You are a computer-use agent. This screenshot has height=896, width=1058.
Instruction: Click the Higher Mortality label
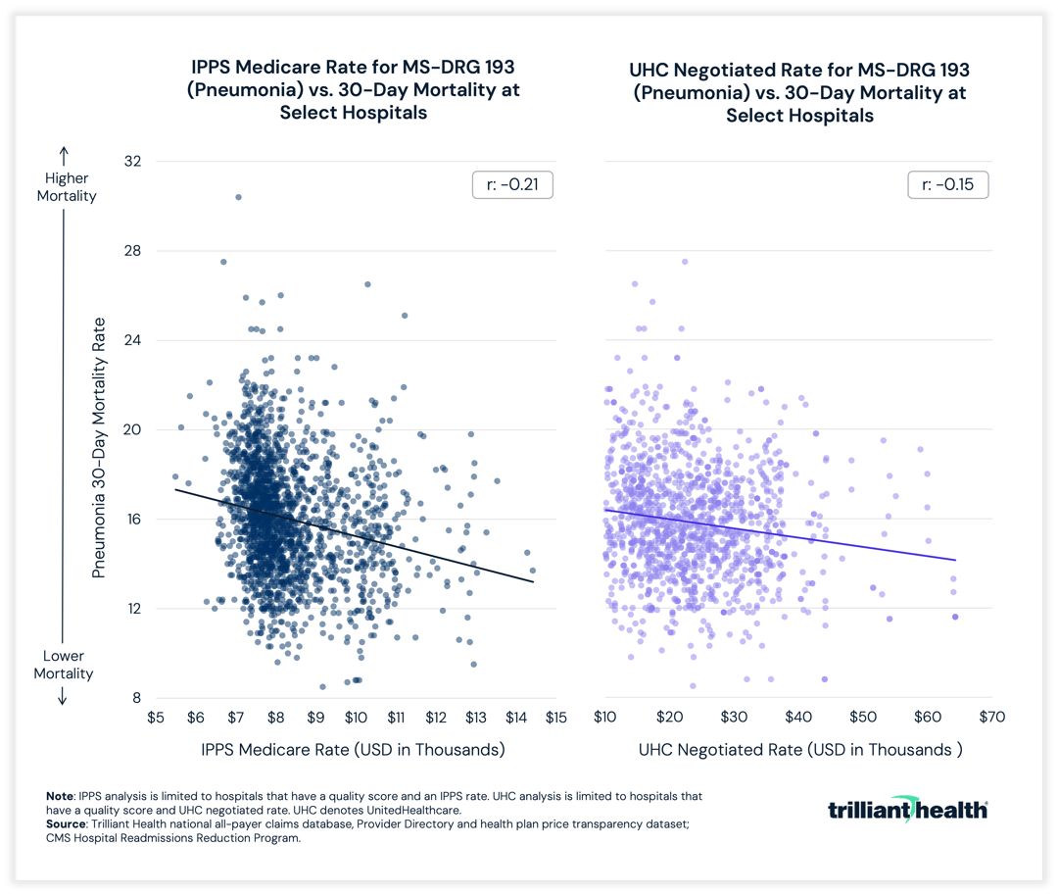[x=67, y=186]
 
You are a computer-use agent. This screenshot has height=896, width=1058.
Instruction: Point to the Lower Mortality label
[x=64, y=665]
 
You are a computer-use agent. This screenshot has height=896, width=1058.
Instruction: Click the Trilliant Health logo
[x=908, y=809]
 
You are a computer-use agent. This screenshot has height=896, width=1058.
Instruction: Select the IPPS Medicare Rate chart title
[x=354, y=90]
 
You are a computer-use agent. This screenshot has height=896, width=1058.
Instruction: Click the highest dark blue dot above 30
[x=238, y=197]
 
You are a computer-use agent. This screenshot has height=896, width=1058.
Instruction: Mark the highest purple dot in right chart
[x=685, y=262]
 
